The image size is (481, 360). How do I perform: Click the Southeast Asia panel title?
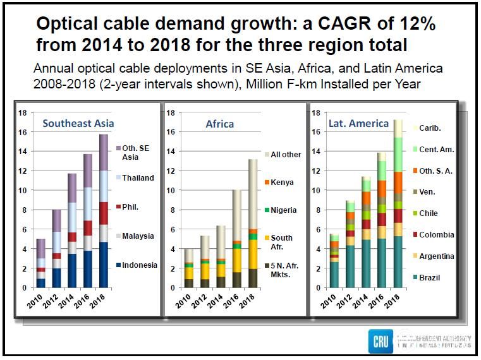click(78, 123)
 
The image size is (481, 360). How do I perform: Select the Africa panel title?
click(219, 124)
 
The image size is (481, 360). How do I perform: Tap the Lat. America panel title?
click(358, 123)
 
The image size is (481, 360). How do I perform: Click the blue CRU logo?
click(380, 341)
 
